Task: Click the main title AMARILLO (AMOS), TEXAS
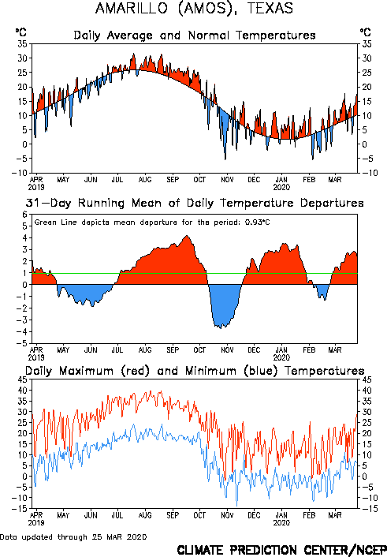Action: pos(194,8)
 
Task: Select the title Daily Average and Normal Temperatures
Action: pos(195,36)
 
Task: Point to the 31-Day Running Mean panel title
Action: pos(195,203)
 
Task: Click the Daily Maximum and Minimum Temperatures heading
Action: pos(195,371)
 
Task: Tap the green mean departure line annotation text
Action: pos(152,222)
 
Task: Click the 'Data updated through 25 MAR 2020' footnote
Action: pos(73,536)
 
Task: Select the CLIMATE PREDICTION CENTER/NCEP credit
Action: pos(281,550)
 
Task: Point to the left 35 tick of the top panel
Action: pos(22,44)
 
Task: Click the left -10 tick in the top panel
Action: pos(20,173)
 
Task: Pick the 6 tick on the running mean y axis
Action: pos(24,215)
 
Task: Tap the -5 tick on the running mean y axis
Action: pos(22,343)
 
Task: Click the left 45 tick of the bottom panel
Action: pos(22,379)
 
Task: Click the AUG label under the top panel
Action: pos(145,180)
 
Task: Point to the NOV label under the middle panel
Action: pos(227,350)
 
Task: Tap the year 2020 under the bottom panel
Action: pos(281,523)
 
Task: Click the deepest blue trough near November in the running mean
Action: pos(221,328)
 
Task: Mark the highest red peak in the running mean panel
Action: pos(187,236)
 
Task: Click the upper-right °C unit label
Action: pos(366,32)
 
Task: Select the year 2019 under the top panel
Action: pos(36,187)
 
